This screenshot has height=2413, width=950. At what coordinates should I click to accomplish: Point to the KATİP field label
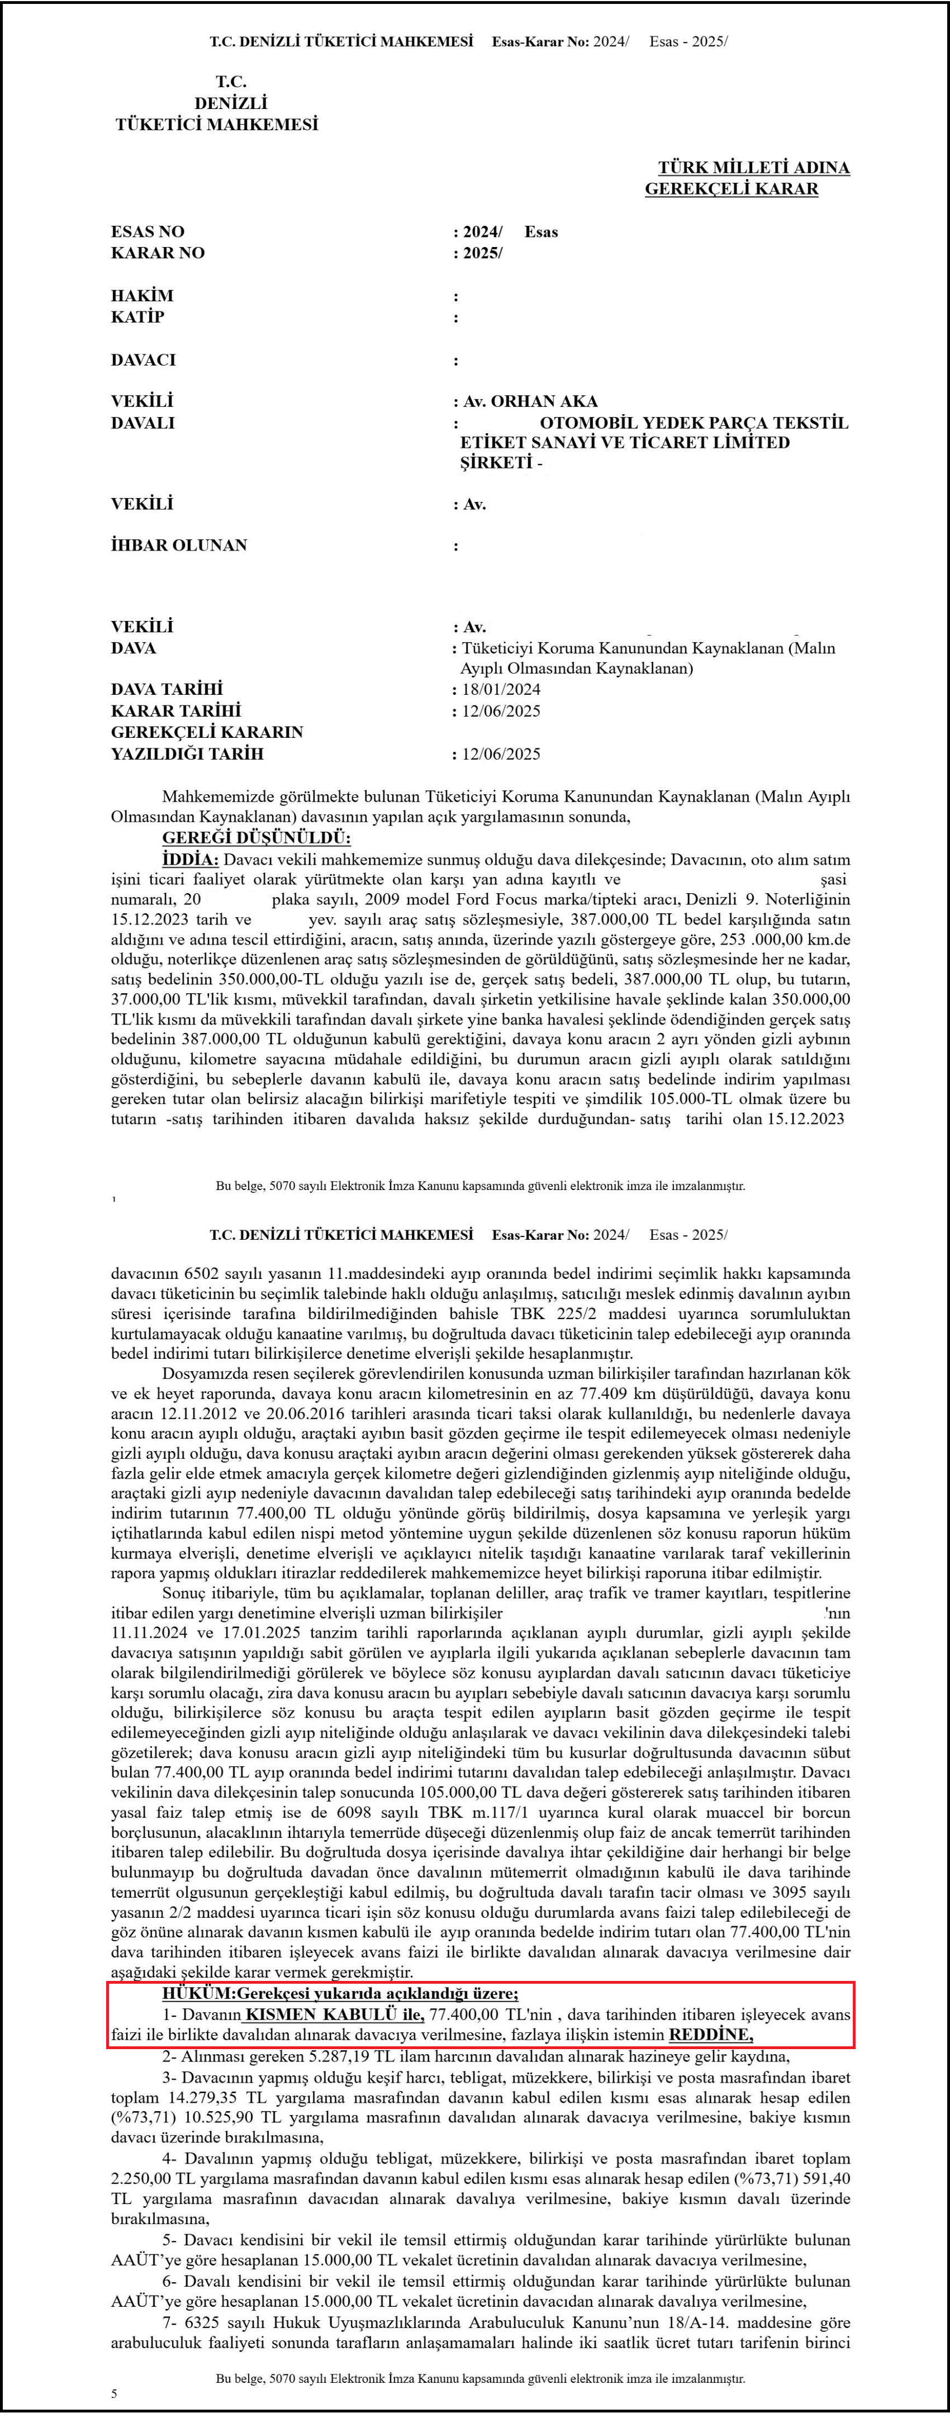pos(137,316)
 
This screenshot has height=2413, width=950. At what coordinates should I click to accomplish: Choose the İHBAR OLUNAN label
pos(179,545)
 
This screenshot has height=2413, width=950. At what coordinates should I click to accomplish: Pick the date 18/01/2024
pos(501,689)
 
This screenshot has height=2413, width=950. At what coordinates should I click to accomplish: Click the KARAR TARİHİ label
pos(175,711)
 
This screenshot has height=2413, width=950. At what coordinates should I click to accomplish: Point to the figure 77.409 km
pos(601,1393)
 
